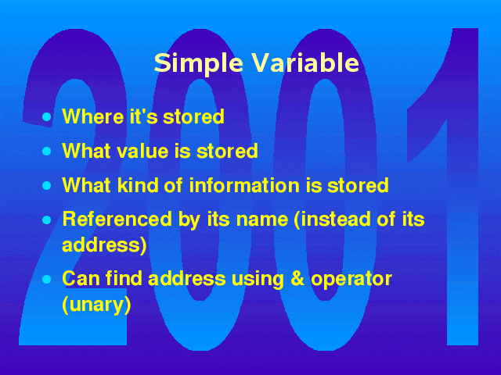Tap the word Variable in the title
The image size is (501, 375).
tap(306, 62)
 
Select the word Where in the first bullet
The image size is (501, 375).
tap(93, 116)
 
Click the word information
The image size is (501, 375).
tap(244, 185)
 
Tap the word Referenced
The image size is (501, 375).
tap(117, 219)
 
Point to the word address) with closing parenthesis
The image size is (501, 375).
tap(104, 245)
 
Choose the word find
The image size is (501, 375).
tap(124, 278)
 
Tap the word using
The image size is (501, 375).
tap(258, 280)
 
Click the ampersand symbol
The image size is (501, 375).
tap(297, 278)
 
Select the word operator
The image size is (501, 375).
tap(351, 280)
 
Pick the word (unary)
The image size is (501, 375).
tap(96, 305)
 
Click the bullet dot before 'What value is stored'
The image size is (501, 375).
tap(47, 151)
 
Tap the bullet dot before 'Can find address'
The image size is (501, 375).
tap(47, 280)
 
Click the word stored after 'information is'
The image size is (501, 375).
tap(358, 185)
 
